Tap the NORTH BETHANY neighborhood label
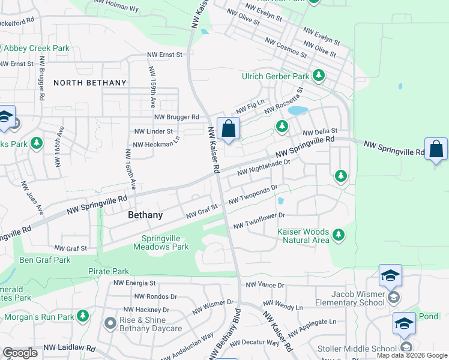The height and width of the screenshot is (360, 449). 90,83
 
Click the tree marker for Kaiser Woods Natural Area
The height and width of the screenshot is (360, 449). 339,234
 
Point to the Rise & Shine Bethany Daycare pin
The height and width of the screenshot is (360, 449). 109,324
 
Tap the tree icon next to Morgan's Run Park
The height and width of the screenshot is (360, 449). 83,316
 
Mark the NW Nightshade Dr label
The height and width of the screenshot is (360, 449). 264,167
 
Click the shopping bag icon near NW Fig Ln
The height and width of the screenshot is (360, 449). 228,129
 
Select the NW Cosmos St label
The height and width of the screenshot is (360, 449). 286,47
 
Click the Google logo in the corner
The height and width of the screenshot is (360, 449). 19,353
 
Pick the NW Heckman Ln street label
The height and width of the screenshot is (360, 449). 156,145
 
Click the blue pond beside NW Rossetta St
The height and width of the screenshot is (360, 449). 297,111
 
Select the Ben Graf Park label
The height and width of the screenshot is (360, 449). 45,260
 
